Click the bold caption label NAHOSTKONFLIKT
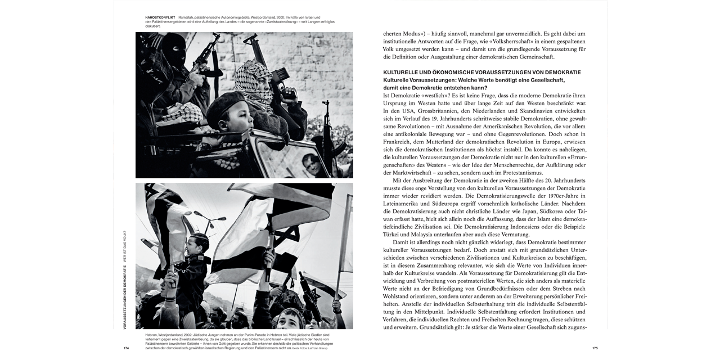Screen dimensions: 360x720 click(x=160, y=17)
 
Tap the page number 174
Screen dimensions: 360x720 click(x=126, y=348)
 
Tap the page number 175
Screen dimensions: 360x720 click(x=595, y=348)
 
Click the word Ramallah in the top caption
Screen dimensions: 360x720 click(x=187, y=17)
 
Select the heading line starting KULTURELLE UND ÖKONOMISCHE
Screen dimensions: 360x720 click(x=482, y=73)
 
